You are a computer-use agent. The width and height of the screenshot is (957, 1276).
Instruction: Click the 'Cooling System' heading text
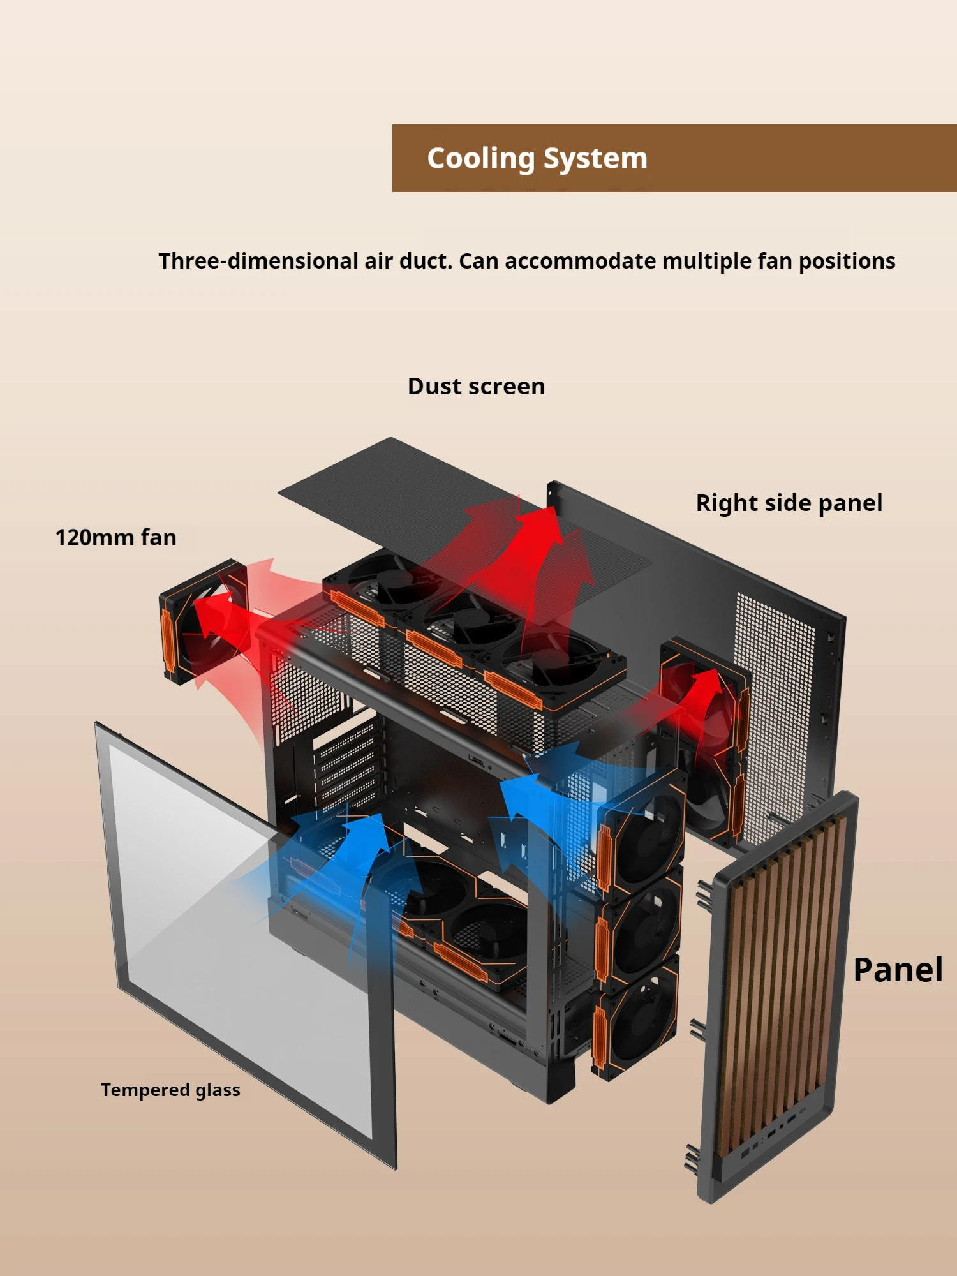[x=537, y=158]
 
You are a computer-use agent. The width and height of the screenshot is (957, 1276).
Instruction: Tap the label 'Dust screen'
[x=476, y=387]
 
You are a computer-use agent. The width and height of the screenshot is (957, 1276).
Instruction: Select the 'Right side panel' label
[x=789, y=503]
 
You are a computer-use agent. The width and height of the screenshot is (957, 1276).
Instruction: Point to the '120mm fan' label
[x=115, y=537]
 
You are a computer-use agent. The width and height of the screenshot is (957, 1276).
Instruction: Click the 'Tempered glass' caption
[x=170, y=1090]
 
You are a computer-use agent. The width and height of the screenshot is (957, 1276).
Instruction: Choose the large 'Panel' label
[x=898, y=970]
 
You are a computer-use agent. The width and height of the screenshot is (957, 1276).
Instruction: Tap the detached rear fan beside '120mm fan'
[x=203, y=622]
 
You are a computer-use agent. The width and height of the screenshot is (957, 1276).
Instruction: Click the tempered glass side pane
[x=242, y=944]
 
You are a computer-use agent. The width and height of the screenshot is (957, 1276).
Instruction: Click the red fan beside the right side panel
[x=702, y=702]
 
